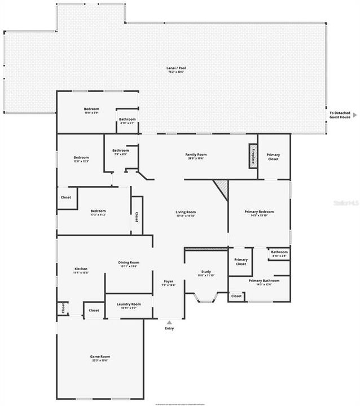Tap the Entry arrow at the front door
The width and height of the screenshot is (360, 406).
169,323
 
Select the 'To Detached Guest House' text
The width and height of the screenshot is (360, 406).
340,115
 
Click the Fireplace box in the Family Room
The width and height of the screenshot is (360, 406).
253,156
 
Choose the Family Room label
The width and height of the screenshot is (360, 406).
196,156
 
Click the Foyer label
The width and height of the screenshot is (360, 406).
169,283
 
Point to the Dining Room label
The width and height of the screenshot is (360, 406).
129,264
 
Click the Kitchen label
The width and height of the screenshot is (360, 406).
81,271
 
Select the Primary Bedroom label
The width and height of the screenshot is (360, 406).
258,213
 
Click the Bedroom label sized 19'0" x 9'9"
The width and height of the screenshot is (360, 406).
91,110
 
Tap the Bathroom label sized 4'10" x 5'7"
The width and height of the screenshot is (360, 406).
127,121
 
